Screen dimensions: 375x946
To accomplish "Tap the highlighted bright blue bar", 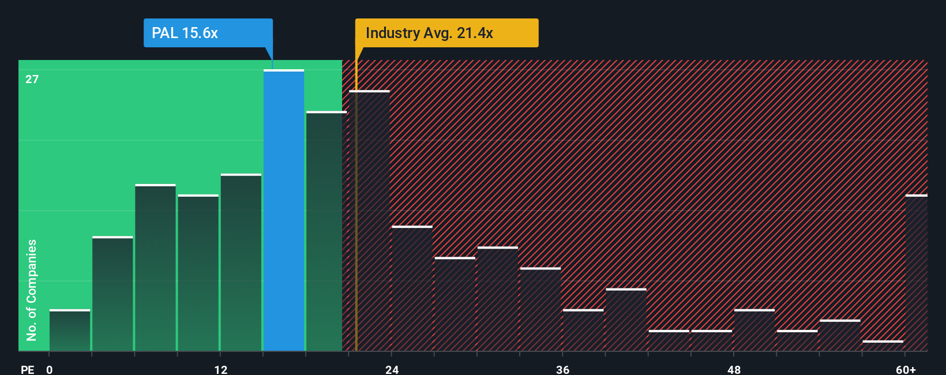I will (x=284, y=211).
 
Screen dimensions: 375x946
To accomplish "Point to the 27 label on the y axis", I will (x=32, y=79).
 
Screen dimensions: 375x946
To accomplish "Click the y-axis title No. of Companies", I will (x=32, y=290).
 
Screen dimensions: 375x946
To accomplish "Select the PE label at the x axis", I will (x=27, y=369).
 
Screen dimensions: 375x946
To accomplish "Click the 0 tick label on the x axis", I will (x=50, y=369).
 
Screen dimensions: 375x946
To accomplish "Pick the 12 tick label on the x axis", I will (x=221, y=369).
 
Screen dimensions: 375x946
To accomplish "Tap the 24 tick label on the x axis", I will (x=392, y=369).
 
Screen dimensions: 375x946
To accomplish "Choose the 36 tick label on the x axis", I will (x=562, y=369).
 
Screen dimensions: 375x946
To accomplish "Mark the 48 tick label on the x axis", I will (x=734, y=369).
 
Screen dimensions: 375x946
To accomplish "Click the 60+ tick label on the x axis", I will (x=906, y=369).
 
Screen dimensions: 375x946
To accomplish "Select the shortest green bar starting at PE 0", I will (x=70, y=331).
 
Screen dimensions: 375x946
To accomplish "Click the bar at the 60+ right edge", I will (x=916, y=273).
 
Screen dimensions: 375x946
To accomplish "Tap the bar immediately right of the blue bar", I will (x=326, y=231).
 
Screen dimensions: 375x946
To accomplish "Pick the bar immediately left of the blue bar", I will (x=241, y=262).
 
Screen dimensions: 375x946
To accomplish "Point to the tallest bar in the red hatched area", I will (x=369, y=221).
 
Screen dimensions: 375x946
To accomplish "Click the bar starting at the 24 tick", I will (x=412, y=288).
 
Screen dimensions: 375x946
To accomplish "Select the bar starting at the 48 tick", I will (x=754, y=331).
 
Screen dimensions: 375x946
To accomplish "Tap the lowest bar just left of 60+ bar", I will (x=883, y=346).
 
